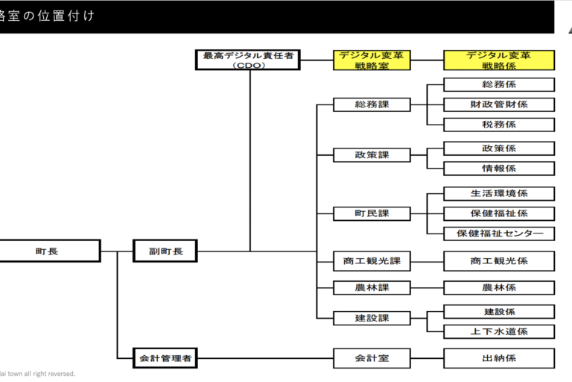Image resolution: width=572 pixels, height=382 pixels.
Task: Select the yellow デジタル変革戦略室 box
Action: [372, 60]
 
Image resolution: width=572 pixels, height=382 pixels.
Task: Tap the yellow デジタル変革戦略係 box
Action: [499, 60]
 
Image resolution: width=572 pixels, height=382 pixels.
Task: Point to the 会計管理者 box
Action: [165, 358]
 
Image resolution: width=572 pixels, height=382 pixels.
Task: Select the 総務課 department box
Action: [372, 104]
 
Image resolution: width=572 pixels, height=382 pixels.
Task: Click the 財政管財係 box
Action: [499, 104]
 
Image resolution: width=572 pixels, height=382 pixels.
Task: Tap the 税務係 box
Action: [499, 124]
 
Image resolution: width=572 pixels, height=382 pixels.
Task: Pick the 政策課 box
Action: [372, 155]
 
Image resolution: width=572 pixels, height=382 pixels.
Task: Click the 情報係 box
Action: [499, 168]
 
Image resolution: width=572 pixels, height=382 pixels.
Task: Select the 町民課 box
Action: [372, 214]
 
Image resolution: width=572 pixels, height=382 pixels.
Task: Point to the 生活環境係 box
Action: [499, 194]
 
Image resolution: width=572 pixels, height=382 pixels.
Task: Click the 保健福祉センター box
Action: [499, 234]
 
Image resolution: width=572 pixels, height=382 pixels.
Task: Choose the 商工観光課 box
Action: [372, 261]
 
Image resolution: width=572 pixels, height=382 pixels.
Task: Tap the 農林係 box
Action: [499, 287]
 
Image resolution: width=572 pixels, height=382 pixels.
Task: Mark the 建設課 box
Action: [372, 318]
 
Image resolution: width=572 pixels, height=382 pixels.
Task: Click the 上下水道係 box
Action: [499, 331]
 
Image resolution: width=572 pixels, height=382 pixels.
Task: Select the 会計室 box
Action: [372, 358]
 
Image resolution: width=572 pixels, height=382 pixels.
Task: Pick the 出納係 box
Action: [499, 358]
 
